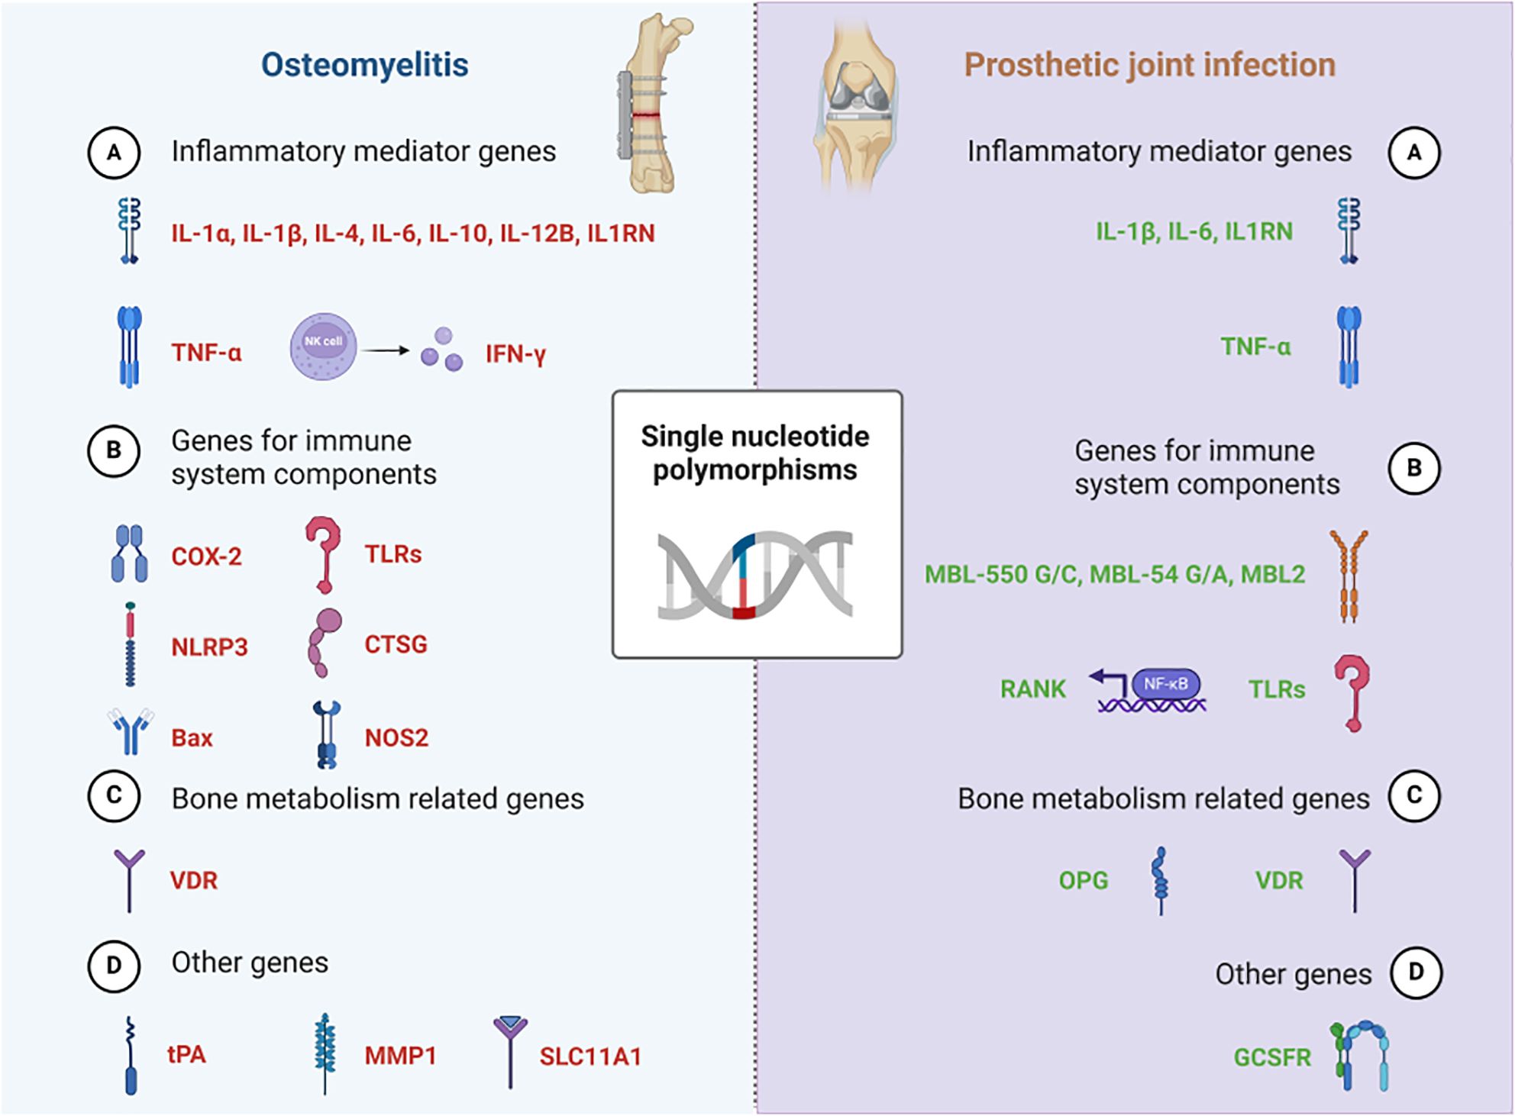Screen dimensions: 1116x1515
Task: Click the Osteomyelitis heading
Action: click(x=364, y=65)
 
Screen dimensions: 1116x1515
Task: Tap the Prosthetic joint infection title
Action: click(x=1149, y=65)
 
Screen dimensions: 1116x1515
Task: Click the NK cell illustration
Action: click(x=323, y=347)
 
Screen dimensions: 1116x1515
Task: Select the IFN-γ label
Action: click(x=515, y=353)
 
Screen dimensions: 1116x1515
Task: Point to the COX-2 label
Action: click(x=206, y=556)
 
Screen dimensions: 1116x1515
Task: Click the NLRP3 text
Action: click(x=209, y=647)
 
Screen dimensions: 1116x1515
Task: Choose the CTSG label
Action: click(x=396, y=644)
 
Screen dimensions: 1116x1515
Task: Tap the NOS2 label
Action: click(x=396, y=737)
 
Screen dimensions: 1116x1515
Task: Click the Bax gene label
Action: click(x=192, y=737)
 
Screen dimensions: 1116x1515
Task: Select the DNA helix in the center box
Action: click(x=754, y=574)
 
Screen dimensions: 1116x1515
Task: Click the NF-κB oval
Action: click(x=1165, y=684)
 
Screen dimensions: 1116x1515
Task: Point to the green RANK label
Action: click(x=1032, y=689)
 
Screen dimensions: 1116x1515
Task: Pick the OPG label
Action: click(x=1083, y=880)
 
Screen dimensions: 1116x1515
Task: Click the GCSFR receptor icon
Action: click(x=1362, y=1057)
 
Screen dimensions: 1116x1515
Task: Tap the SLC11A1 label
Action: click(x=590, y=1056)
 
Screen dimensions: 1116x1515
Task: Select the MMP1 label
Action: click(x=400, y=1056)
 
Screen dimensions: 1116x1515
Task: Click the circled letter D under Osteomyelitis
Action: click(x=114, y=966)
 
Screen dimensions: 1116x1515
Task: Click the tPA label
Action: click(x=186, y=1054)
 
